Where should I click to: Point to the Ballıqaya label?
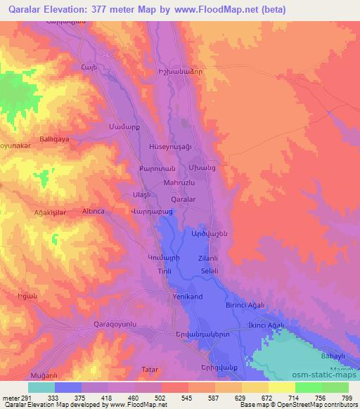coord(53,140)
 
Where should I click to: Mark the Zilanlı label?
coord(198,259)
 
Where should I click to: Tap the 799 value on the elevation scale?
coord(345,398)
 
